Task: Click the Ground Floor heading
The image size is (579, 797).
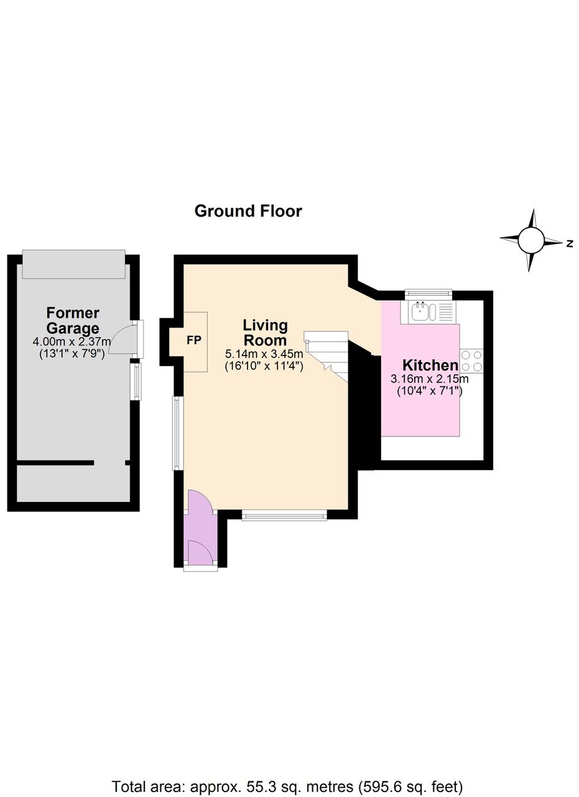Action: click(248, 211)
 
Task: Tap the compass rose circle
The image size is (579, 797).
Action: click(532, 240)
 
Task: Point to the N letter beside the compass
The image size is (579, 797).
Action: click(569, 244)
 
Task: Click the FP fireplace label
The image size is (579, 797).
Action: click(194, 341)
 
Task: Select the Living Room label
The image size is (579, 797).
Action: click(265, 332)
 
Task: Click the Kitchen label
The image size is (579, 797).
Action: click(430, 365)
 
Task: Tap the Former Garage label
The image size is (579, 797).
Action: click(73, 321)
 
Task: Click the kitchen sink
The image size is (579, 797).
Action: click(421, 311)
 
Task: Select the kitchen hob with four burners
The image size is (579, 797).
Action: click(471, 361)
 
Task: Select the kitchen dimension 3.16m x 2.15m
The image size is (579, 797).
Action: click(429, 379)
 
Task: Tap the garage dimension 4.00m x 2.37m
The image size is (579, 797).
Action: click(72, 342)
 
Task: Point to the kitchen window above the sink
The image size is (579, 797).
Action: click(428, 292)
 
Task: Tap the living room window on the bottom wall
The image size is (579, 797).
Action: click(284, 515)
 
